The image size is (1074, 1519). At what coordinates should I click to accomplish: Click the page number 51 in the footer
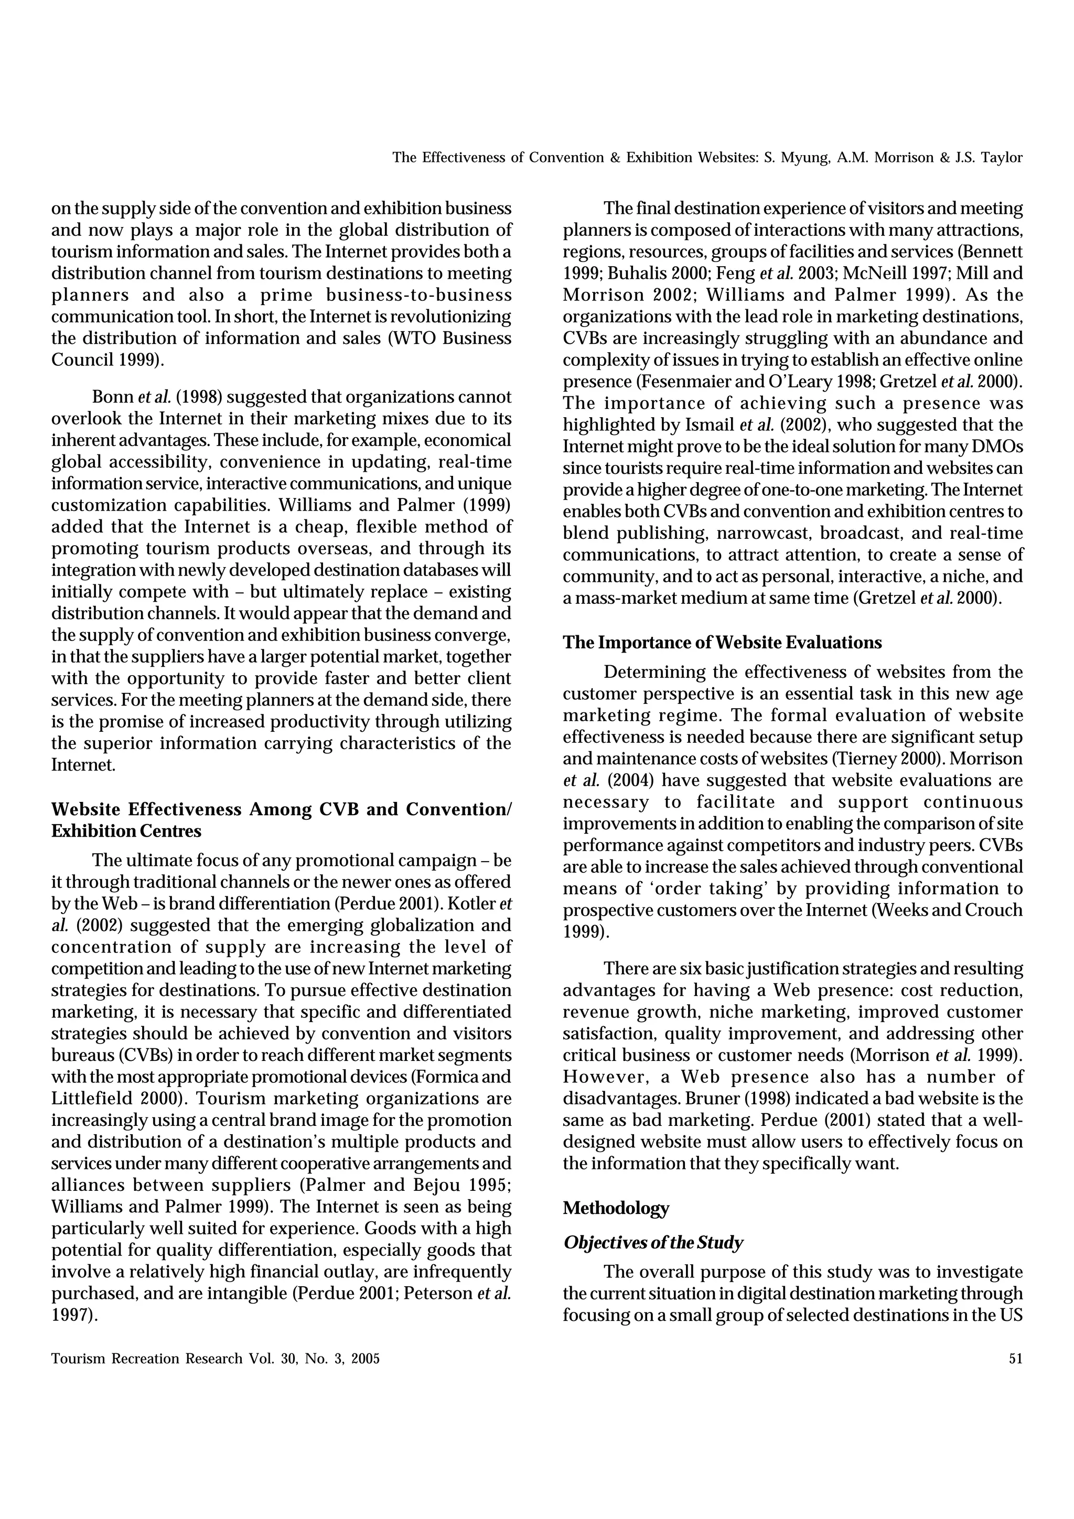[1015, 1359]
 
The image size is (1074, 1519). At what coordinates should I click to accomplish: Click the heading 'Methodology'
[616, 1208]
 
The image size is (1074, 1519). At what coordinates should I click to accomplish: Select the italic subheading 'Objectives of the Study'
[652, 1242]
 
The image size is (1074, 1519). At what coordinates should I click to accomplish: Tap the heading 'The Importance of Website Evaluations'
[722, 643]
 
